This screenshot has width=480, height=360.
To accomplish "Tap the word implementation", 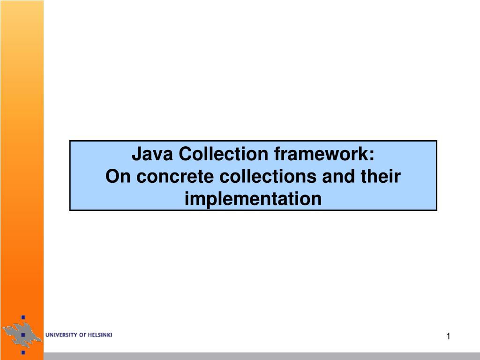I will pos(253,199).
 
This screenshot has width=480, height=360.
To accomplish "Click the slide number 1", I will pos(448,336).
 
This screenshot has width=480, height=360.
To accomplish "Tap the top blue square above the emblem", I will pos(22,316).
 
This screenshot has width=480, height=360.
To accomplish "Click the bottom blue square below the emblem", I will pos(22,352).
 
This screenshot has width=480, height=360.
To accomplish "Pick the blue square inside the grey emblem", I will pos(22,335).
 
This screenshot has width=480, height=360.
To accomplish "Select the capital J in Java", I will pos(136,154).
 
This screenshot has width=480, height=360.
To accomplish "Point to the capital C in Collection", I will pos(186,154).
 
